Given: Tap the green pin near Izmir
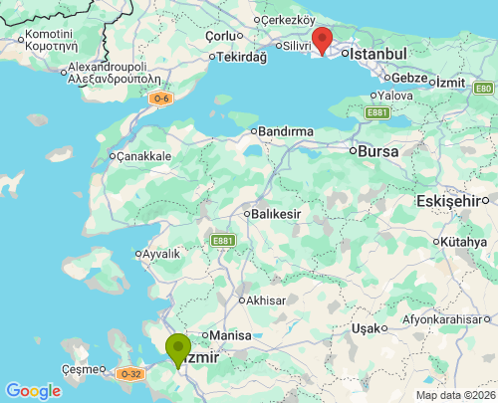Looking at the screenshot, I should pos(178,349).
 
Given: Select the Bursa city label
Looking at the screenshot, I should pos(379,152).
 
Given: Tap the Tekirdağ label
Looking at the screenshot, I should pos(242,57).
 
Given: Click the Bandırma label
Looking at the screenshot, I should pos(286,131).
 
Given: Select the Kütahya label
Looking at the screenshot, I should pos(464,242).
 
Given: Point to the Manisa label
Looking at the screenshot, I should pos(229,335).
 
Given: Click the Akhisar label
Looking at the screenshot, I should pos(265,300).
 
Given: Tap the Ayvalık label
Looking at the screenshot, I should pos(160,254).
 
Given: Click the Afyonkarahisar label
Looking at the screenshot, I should pos(447,319).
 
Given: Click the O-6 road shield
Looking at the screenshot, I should pos(160,99).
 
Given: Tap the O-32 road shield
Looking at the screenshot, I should pos(130,374).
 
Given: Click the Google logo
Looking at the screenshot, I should pos(33,391).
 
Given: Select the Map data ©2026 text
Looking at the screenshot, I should pos(454,395).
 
